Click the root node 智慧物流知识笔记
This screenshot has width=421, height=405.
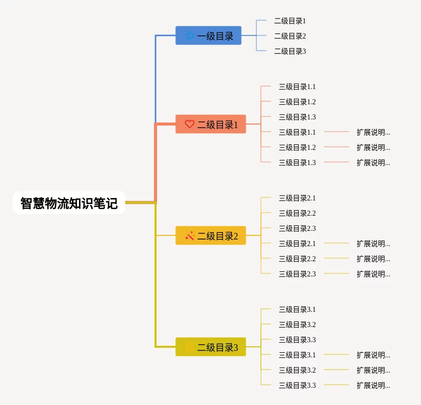click(69, 202)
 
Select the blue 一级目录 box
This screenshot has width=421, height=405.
click(208, 35)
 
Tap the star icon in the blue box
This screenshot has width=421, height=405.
click(189, 35)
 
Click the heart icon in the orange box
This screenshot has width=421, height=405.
click(189, 124)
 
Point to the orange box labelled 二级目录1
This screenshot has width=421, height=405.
click(211, 124)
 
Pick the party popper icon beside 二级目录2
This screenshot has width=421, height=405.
click(189, 235)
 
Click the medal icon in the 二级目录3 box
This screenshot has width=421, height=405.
click(189, 347)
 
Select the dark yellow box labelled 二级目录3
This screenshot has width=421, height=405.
click(211, 347)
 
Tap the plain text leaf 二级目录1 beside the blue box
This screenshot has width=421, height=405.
click(290, 21)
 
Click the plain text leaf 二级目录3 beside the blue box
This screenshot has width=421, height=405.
click(290, 51)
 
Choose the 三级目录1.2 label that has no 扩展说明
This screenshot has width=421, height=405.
click(297, 102)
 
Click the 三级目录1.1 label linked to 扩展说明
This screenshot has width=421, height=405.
click(297, 132)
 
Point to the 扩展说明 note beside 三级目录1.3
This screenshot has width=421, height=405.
click(373, 163)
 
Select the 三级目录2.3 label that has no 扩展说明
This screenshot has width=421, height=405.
click(297, 228)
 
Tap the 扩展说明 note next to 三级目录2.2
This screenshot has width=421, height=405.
click(373, 259)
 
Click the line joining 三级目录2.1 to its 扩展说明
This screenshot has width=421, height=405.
click(336, 243)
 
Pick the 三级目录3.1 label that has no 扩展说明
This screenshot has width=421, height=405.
click(297, 309)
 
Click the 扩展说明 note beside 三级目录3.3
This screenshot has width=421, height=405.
click(373, 385)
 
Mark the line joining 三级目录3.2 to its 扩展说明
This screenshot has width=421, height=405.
click(336, 370)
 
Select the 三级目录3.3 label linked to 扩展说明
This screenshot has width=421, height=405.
click(297, 385)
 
